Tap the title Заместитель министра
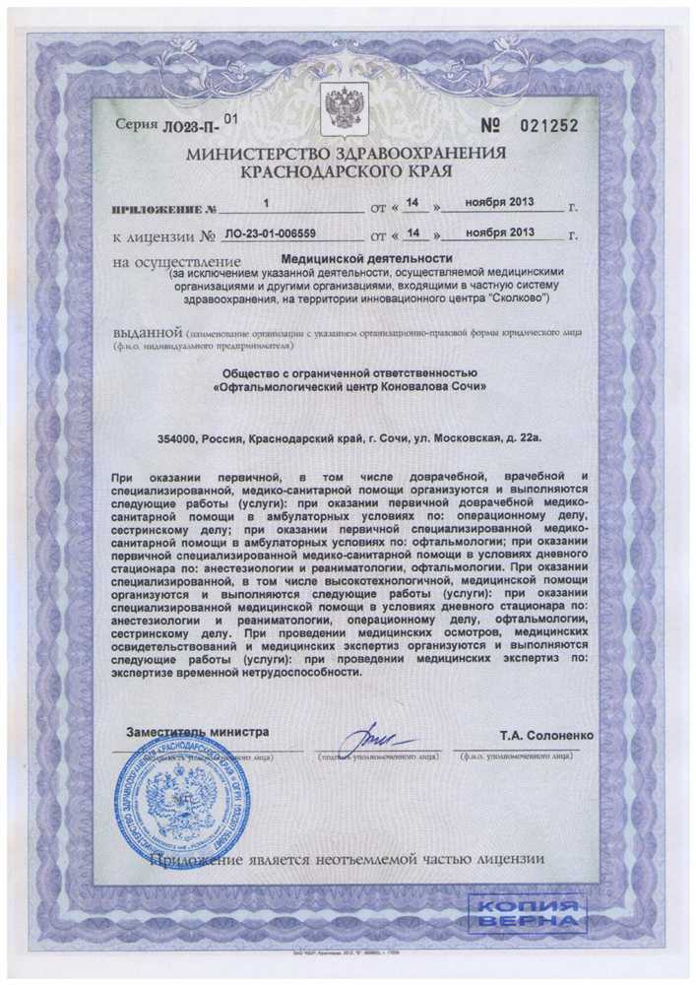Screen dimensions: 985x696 click(x=197, y=733)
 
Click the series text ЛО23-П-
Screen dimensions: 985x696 click(x=190, y=126)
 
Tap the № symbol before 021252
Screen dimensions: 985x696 click(x=493, y=125)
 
